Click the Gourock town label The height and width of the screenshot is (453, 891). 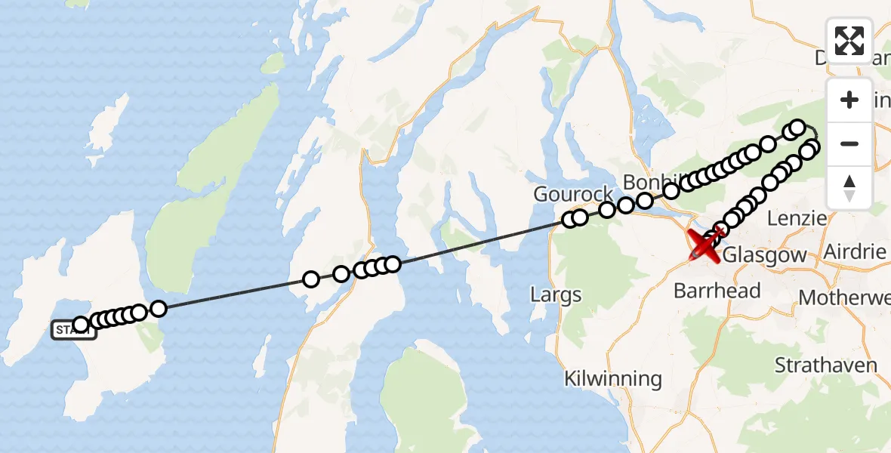coord(573,194)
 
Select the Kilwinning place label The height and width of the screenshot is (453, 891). coord(612,379)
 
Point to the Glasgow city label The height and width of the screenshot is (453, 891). coord(765,255)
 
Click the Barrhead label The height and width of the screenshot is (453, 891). coord(716,291)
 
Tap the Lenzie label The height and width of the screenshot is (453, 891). coord(797,218)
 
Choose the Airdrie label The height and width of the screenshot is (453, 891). coord(856,251)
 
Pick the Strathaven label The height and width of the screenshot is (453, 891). coord(825,365)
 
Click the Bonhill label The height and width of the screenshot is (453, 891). coord(648,183)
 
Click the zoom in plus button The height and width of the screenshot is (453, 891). coord(849,100)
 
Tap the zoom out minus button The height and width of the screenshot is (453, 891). coord(849,143)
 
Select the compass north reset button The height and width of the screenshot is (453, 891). coord(849,186)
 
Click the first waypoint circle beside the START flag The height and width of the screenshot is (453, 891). coord(81,325)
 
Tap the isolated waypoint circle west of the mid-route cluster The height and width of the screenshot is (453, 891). coord(310,279)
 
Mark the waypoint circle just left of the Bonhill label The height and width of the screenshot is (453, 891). coord(644,200)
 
